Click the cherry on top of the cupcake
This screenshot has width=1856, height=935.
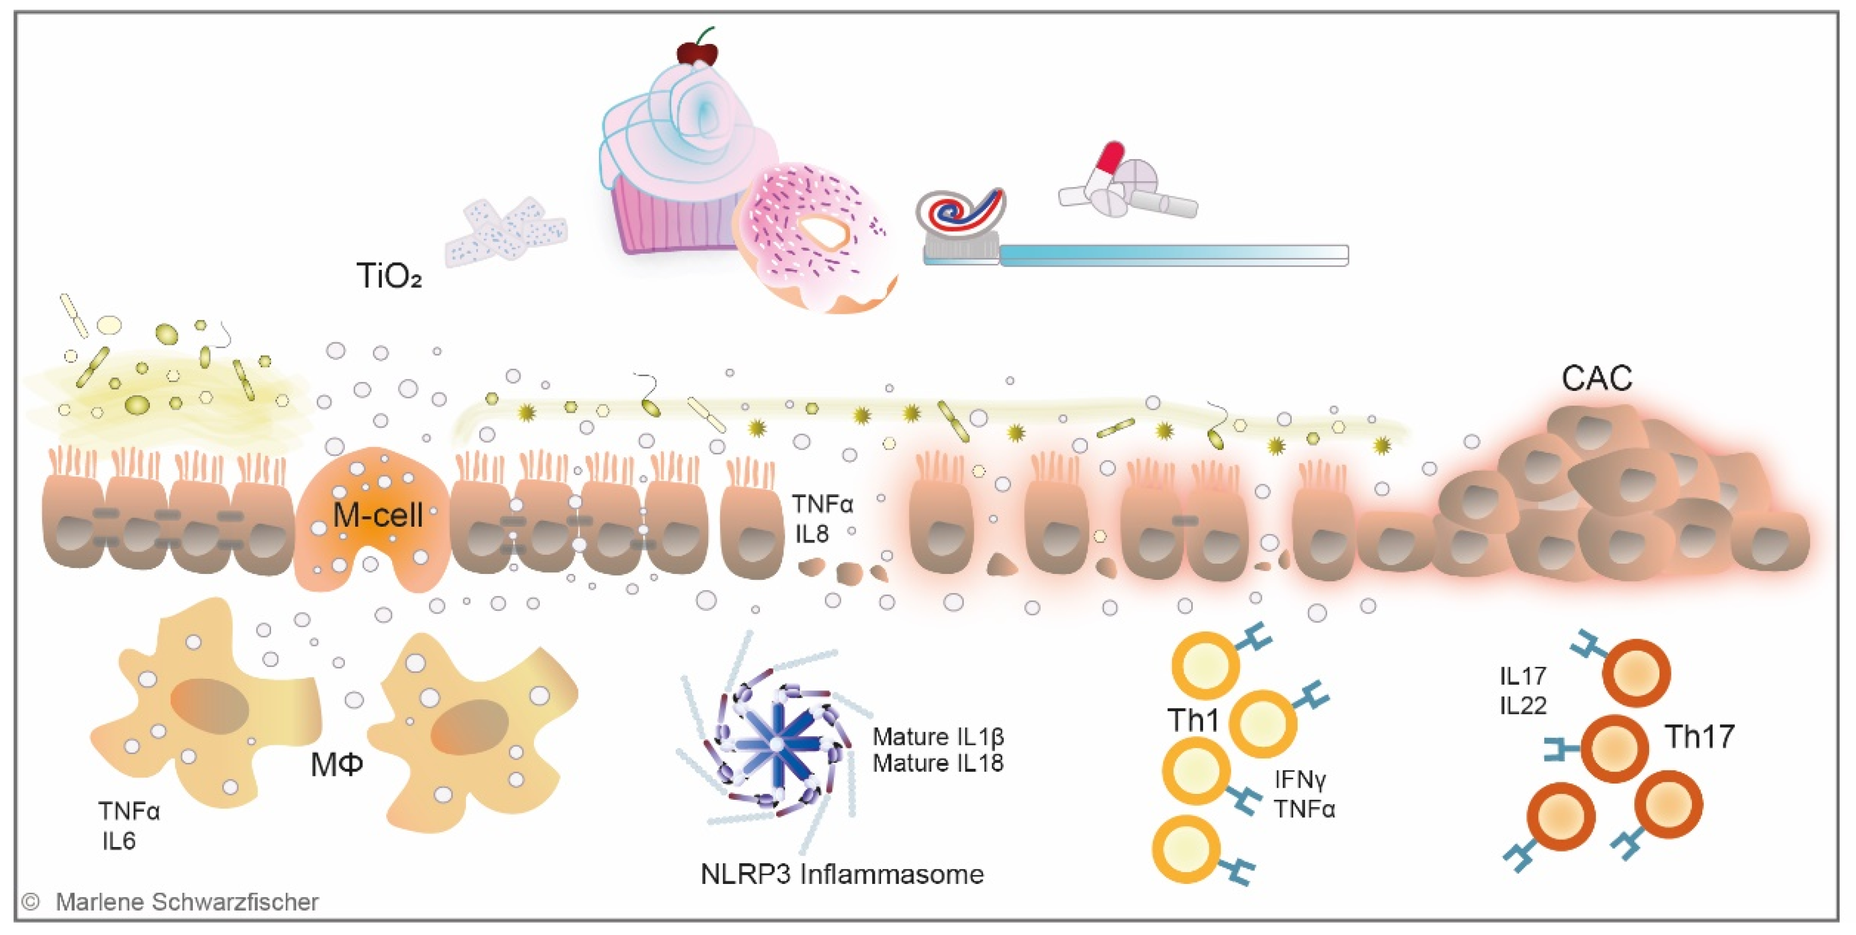pos(697,52)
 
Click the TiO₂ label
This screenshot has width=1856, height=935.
pos(388,276)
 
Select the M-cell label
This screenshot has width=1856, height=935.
pos(378,516)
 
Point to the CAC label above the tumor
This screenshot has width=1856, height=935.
pos(1596,378)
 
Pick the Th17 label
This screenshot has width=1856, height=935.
pos(1700,737)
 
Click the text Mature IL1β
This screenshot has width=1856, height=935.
pos(938,737)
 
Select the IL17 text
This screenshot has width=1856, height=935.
pos(1523,675)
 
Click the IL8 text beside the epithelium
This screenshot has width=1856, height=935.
pos(812,534)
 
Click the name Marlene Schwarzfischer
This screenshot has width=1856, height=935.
pos(187,902)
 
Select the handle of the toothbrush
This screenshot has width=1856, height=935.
pos(1174,254)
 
